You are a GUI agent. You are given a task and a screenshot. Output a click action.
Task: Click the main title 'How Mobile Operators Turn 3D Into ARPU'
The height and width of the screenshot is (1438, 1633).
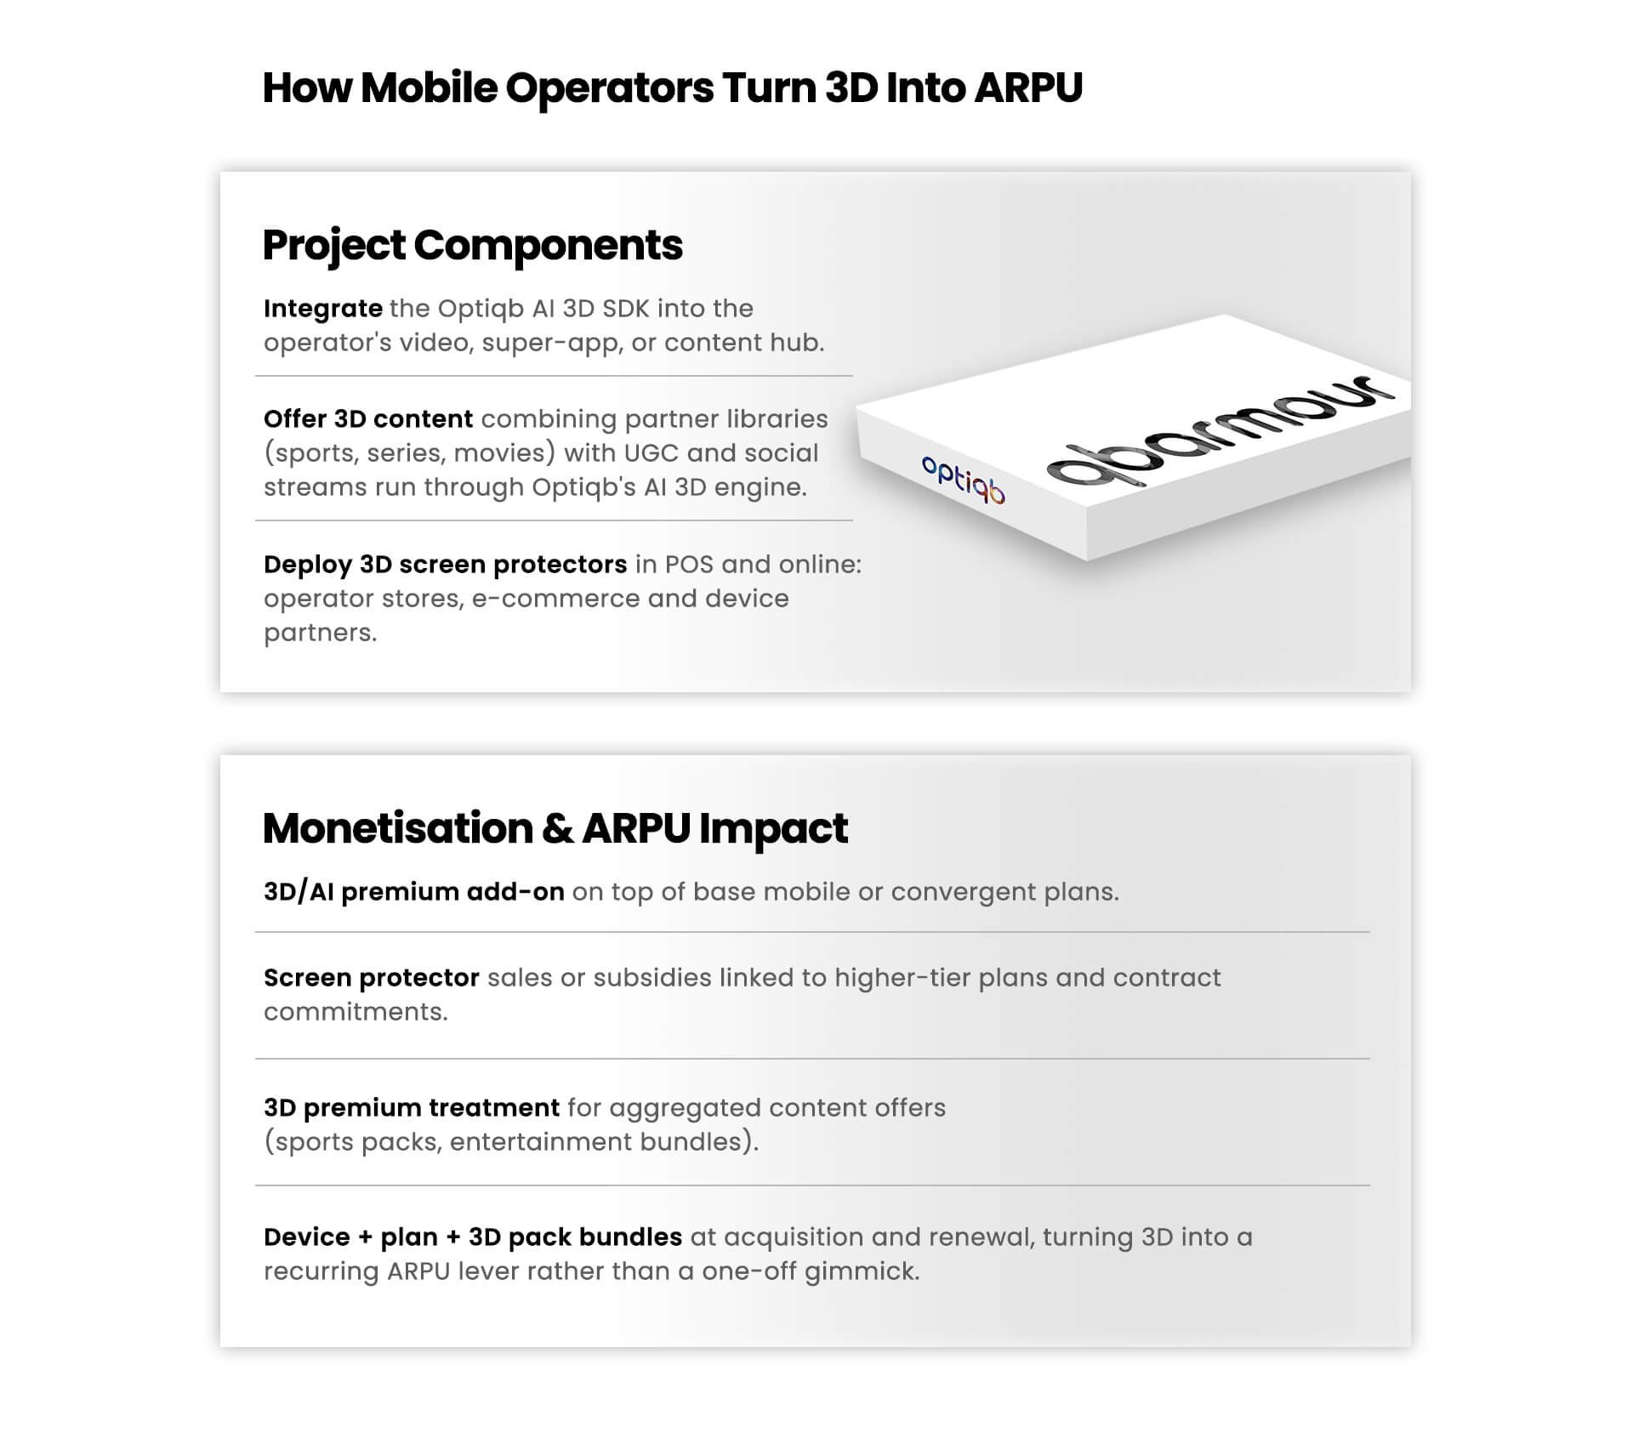coord(672,88)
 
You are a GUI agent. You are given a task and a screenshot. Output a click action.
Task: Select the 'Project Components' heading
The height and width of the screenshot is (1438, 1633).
coord(473,246)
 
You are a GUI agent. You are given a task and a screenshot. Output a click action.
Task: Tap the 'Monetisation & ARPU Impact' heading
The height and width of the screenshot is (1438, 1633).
coord(555,829)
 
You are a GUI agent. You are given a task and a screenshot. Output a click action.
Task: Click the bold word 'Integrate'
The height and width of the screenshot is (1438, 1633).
coord(323,309)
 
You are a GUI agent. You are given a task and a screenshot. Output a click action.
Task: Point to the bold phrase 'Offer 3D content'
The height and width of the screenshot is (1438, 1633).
coord(368,419)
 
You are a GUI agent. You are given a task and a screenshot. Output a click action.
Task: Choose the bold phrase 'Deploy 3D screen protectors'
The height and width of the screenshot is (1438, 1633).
coord(446,565)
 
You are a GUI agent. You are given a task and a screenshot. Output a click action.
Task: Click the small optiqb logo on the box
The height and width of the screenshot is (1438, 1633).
coord(964,479)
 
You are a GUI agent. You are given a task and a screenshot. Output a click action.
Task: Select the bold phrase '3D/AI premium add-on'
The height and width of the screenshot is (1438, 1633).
coord(414,892)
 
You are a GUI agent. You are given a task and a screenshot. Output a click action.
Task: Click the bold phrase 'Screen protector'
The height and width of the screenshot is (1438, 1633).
coord(372,978)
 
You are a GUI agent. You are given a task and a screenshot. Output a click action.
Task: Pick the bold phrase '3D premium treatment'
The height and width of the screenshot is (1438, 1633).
coord(412,1108)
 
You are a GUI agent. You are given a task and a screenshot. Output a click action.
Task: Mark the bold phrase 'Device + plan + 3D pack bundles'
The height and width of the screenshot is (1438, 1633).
coord(473,1237)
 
